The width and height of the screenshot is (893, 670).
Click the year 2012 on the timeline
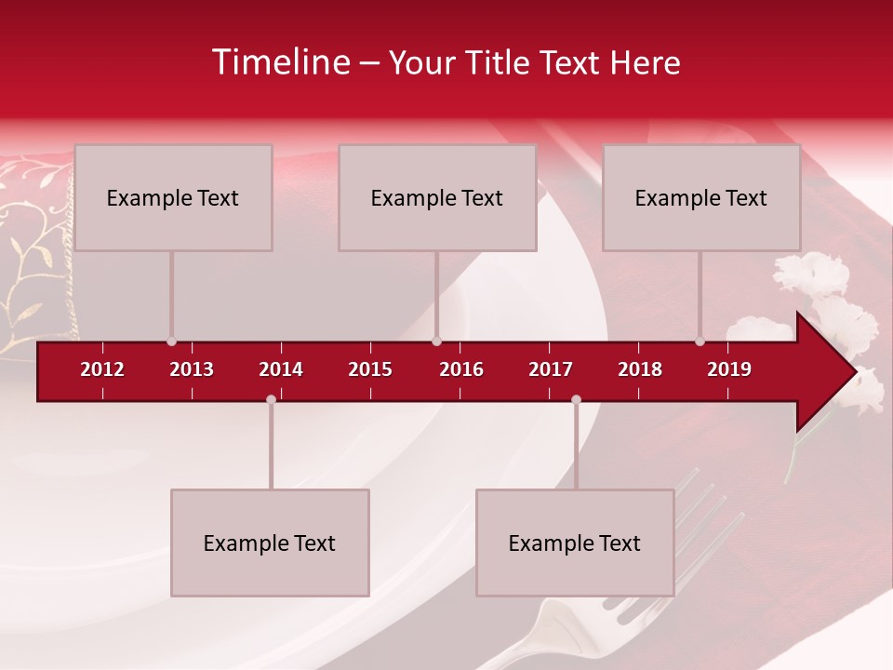coord(102,369)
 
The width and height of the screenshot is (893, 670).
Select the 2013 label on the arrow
coord(192,369)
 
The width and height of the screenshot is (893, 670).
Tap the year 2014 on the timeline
coord(281,369)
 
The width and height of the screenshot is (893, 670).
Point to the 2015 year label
coord(370,369)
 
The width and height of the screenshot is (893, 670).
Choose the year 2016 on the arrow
coord(461,369)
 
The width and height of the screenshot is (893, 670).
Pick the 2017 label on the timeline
coord(551,369)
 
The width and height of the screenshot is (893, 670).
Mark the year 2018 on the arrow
coord(640,369)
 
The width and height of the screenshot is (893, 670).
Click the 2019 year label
coord(729,369)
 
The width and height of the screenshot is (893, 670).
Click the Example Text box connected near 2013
coord(173,197)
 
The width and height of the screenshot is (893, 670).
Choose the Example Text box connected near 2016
coord(437,197)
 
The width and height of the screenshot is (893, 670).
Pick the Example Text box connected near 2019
coord(701,197)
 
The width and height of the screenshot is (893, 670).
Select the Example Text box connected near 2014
coord(270,543)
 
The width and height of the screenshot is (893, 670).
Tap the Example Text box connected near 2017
coord(575,543)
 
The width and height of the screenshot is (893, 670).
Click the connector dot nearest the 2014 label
coord(271,400)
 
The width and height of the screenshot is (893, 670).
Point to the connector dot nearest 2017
coord(576,400)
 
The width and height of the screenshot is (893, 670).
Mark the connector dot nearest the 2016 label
coord(436,342)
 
